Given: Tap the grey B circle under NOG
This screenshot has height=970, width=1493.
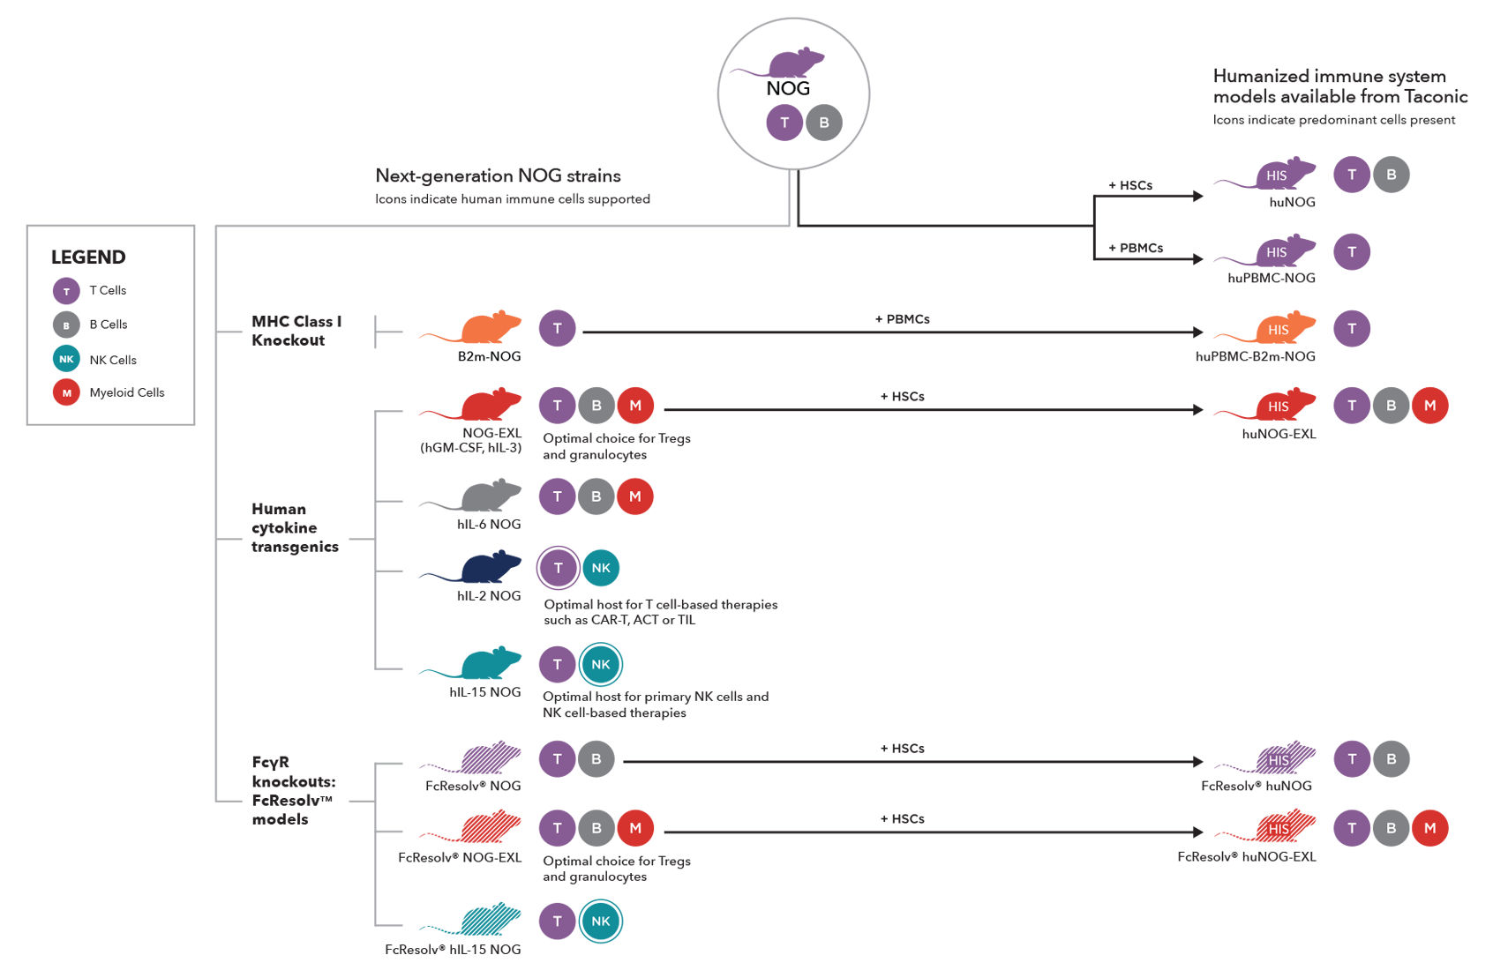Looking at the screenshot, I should (824, 123).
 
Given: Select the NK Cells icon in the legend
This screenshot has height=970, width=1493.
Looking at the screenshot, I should (66, 359).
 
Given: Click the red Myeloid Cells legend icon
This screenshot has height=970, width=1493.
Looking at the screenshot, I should (66, 392).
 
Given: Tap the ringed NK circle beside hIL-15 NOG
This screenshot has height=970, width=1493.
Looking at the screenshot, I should (601, 665).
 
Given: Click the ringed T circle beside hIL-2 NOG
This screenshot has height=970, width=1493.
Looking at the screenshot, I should (558, 568).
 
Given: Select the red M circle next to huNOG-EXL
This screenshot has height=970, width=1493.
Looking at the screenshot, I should (1429, 406).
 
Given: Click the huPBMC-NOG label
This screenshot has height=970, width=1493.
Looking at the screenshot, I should (1271, 278).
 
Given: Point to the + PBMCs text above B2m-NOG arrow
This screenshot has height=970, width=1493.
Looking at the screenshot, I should (902, 319).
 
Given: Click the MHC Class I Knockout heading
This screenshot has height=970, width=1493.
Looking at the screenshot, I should (296, 331).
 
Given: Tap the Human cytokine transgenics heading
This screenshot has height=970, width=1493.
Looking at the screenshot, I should (294, 527).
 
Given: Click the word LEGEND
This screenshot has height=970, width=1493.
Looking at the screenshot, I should (88, 257).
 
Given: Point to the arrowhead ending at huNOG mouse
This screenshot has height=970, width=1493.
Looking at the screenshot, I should (1197, 196).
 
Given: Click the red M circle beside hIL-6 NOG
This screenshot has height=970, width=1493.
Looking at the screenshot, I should (635, 496).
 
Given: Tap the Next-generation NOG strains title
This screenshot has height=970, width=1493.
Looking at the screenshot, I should (498, 175).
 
